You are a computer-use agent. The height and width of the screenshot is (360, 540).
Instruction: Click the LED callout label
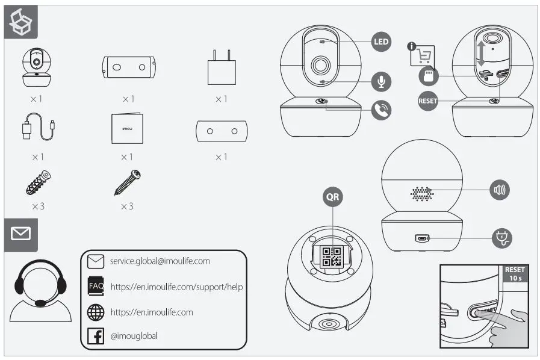pyautogui.click(x=380, y=42)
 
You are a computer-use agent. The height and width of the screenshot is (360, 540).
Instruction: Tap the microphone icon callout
pyautogui.click(x=380, y=81)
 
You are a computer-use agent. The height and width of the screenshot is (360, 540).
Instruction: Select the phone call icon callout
pyautogui.click(x=380, y=110)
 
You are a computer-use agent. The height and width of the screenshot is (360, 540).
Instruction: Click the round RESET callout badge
pyautogui.click(x=428, y=101)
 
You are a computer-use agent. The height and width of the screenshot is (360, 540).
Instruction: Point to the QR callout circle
pyautogui.click(x=333, y=197)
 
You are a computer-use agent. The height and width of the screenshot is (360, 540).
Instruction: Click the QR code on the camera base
pyautogui.click(x=332, y=256)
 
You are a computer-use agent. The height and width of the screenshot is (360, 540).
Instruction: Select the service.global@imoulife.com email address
pyautogui.click(x=160, y=261)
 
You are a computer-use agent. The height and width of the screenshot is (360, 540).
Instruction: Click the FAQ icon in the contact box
pyautogui.click(x=96, y=287)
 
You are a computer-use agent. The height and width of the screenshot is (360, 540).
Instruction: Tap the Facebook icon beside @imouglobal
pyautogui.click(x=96, y=336)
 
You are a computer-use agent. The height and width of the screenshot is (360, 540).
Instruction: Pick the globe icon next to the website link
pyautogui.click(x=96, y=312)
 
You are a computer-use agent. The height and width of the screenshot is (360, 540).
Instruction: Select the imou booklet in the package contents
pyautogui.click(x=127, y=128)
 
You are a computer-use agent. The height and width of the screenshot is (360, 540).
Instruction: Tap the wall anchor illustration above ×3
pyautogui.click(x=38, y=182)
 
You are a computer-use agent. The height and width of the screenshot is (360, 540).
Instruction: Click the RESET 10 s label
pyautogui.click(x=515, y=275)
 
